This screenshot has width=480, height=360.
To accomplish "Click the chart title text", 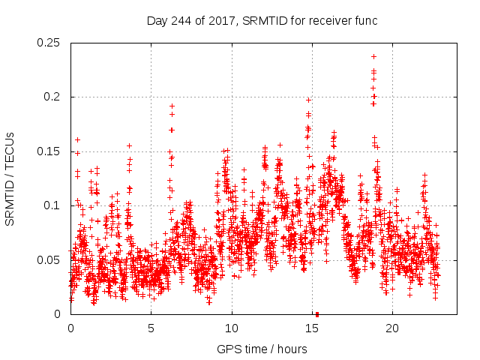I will pos(262,20).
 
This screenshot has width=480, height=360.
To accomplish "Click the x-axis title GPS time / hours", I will pos(262,349).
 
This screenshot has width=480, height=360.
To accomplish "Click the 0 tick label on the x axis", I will pos(70,328).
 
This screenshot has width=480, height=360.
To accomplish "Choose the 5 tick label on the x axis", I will pos(151,328).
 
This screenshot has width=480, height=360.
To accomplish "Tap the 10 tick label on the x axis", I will pos(232,328).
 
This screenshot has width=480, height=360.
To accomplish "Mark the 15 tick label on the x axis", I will pos(312,328).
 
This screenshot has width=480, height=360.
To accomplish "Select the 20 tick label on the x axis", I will pos(392,328).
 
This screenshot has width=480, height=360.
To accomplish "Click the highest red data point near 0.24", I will pos(373,56).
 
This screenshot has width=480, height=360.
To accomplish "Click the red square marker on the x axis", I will pos(317,314).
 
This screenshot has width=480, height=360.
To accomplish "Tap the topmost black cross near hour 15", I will pos(308,99).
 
